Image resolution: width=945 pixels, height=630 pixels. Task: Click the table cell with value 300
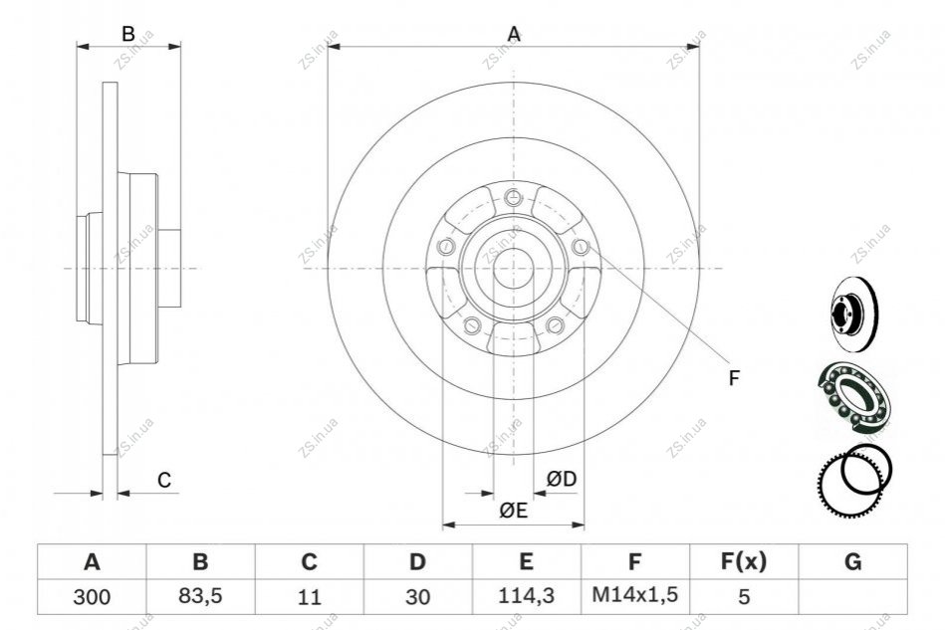pyautogui.click(x=92, y=597)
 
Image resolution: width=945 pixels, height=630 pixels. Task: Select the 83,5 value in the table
pyautogui.click(x=200, y=596)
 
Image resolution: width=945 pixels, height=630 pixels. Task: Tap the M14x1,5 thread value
pyautogui.click(x=634, y=595)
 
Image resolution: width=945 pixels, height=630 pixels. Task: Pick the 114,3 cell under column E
pyautogui.click(x=526, y=596)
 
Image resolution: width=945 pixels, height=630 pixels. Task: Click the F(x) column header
pyautogui.click(x=744, y=561)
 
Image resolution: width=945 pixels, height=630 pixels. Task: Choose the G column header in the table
pyautogui.click(x=852, y=561)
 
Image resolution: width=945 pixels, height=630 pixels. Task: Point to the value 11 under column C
pyautogui.click(x=309, y=597)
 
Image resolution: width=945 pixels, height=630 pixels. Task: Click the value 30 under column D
pyautogui.click(x=417, y=597)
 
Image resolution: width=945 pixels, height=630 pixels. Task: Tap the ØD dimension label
pyautogui.click(x=561, y=479)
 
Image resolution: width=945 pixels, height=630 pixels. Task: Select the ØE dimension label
pyautogui.click(x=514, y=511)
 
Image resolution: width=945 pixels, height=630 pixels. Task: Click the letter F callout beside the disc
pyautogui.click(x=734, y=378)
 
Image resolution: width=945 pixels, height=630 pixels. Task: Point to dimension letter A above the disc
pyautogui.click(x=514, y=34)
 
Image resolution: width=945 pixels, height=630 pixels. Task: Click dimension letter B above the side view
pyautogui.click(x=128, y=34)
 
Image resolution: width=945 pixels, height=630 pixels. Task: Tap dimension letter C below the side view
pyautogui.click(x=164, y=480)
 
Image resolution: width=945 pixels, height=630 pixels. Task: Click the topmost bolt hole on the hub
pyautogui.click(x=513, y=196)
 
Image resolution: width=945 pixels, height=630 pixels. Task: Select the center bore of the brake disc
pyautogui.click(x=514, y=268)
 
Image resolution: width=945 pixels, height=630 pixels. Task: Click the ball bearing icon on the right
pyautogui.click(x=852, y=398)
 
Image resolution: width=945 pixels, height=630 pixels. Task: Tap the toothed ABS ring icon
pyautogui.click(x=849, y=483)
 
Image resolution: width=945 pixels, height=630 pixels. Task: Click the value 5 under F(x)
pyautogui.click(x=744, y=597)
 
